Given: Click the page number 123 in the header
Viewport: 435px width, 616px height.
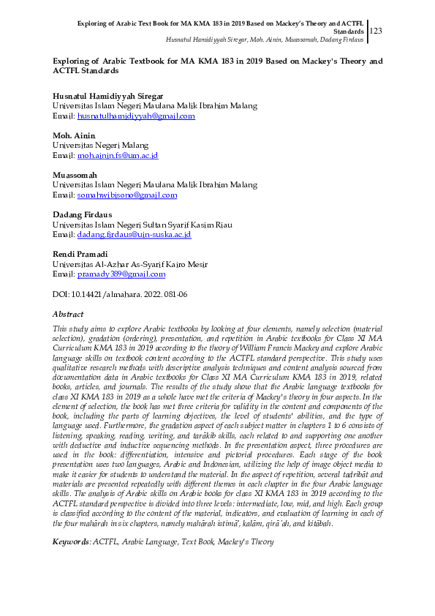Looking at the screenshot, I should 377,31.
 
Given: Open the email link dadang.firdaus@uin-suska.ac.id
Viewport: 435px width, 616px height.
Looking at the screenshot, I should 134,235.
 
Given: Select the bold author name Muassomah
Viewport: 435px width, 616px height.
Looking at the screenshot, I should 75,175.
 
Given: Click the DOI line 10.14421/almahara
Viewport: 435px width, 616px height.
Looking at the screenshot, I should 120,294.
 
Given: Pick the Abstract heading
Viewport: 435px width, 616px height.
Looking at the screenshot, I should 68,314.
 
